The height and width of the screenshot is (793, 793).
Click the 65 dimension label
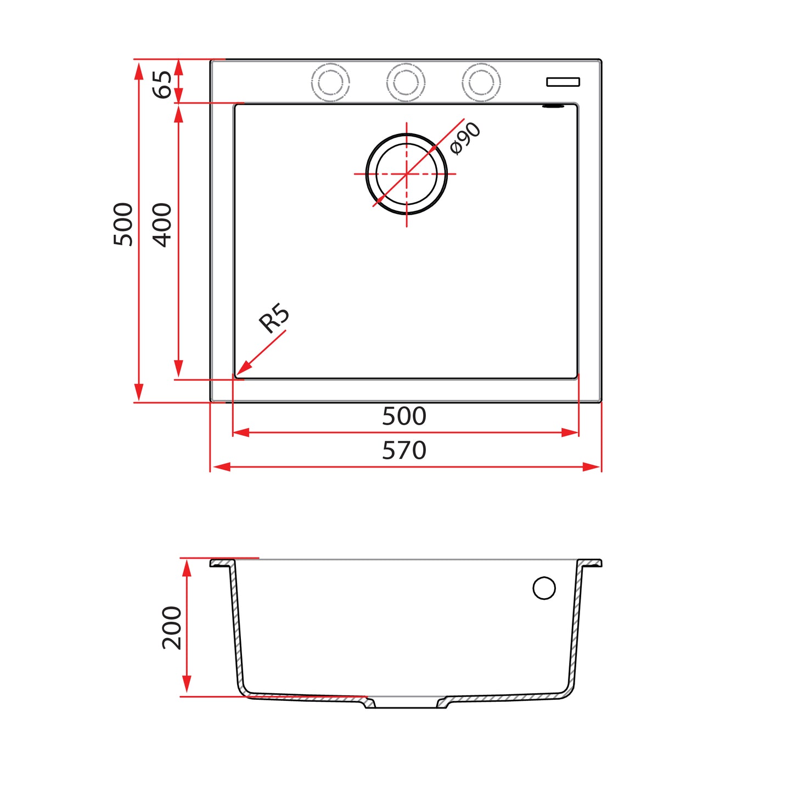pyautogui.click(x=162, y=85)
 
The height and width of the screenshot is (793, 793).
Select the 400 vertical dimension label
pyautogui.click(x=162, y=225)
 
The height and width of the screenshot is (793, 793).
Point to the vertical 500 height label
pyautogui.click(x=123, y=224)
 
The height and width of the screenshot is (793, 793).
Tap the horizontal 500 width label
pyautogui.click(x=404, y=416)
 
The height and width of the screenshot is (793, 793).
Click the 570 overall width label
pyautogui.click(x=404, y=451)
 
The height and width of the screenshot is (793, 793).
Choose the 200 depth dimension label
pyautogui.click(x=172, y=628)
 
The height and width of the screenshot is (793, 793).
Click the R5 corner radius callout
pyautogui.click(x=274, y=318)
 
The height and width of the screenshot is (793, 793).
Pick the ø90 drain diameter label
pyautogui.click(x=465, y=139)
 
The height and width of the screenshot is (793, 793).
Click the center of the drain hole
pyautogui.click(x=407, y=174)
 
